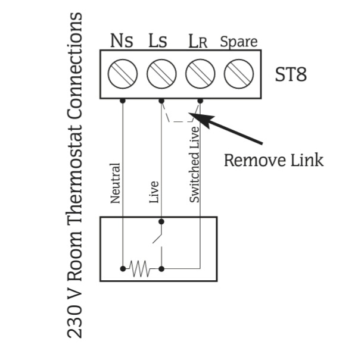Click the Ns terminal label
pyautogui.click(x=122, y=40)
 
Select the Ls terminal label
pyautogui.click(x=158, y=40)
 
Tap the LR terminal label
pyautogui.click(x=198, y=42)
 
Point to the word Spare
pyautogui.click(x=239, y=42)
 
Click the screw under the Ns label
pyautogui.click(x=123, y=74)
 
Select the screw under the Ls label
pyautogui.click(x=161, y=74)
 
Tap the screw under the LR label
pyautogui.click(x=200, y=74)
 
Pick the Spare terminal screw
pyautogui.click(x=239, y=74)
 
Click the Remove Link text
pyautogui.click(x=274, y=160)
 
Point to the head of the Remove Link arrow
pyautogui.click(x=189, y=113)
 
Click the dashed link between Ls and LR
pyautogui.click(x=181, y=121)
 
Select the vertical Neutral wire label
pyautogui.click(x=115, y=183)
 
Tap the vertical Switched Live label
pyautogui.click(x=194, y=165)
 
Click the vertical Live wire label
pyautogui.click(x=154, y=192)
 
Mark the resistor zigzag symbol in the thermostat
pyautogui.click(x=140, y=268)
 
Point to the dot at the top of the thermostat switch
pyautogui.click(x=161, y=221)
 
